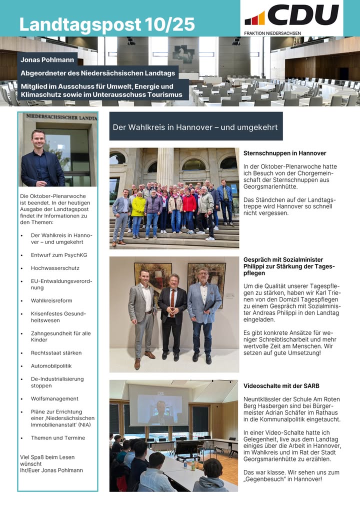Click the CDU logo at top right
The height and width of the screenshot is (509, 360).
click(291, 15)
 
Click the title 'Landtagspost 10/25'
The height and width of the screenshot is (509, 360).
click(107, 24)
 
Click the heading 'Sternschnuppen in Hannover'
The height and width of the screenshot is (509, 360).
click(285, 153)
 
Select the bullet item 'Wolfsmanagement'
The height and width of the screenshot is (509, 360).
click(54, 398)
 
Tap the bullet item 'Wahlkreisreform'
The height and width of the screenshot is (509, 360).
click(51, 300)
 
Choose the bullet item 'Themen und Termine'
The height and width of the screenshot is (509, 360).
click(58, 437)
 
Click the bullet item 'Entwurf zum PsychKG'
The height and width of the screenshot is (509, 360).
click(59, 254)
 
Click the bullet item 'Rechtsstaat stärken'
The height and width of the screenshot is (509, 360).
click(56, 352)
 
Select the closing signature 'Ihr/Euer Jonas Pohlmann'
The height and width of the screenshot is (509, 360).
click(51, 470)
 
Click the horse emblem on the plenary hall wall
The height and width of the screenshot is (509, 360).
click(183, 53)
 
